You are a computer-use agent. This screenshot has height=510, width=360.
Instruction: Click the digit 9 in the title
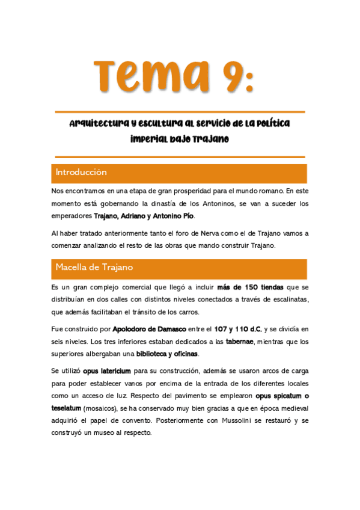coord(225,75)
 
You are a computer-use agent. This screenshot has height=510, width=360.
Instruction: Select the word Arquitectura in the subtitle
coord(100,124)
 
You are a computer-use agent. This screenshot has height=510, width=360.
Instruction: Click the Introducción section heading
coord(81,173)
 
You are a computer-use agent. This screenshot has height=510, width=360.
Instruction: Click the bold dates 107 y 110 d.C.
coord(238,329)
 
